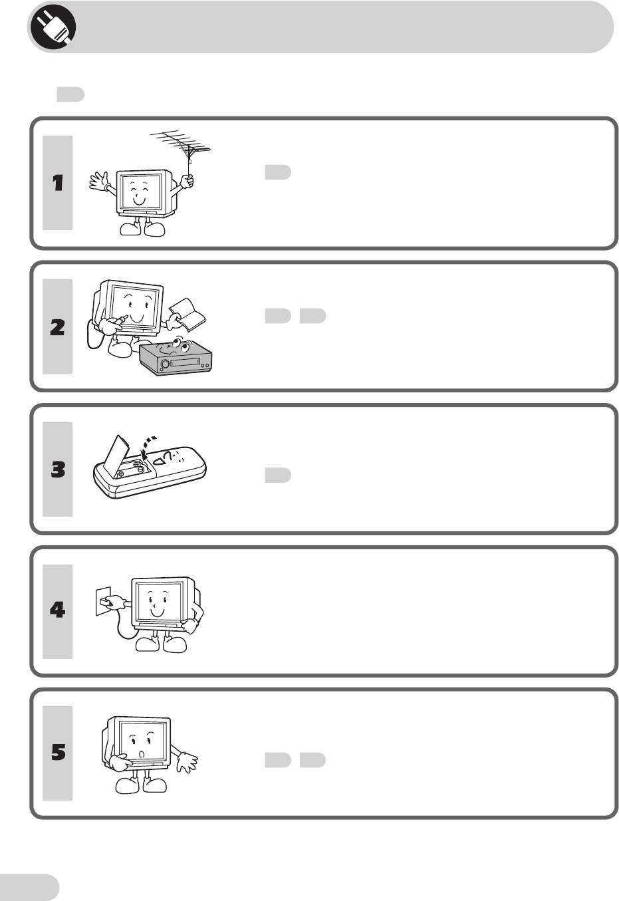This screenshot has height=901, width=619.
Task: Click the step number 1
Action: [58, 183]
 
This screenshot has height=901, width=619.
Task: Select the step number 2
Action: [58, 326]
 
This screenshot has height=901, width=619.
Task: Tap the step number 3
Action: [58, 469]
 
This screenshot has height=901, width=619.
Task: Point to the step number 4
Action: [58, 610]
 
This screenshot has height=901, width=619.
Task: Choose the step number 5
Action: [58, 753]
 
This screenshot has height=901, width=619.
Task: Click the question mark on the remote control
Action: [171, 455]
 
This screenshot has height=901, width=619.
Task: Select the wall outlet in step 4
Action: [102, 601]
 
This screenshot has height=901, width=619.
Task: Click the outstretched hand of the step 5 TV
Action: [187, 761]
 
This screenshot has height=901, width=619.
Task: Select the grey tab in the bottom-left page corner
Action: [30, 887]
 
